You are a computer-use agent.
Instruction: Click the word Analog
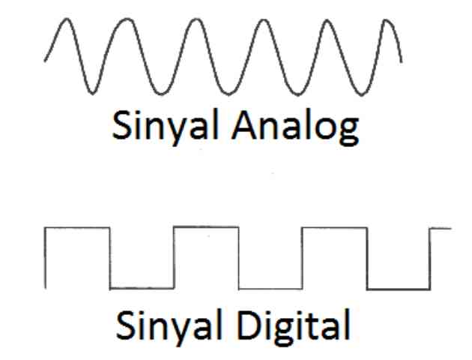point(295,127)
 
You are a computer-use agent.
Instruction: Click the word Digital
point(294,325)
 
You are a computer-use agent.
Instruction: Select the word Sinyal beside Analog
point(165,127)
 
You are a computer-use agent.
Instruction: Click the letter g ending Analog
point(349,132)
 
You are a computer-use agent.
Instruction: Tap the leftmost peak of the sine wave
point(67,19)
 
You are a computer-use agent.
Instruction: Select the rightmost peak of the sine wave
point(387,20)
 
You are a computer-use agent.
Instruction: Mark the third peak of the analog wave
point(196,19)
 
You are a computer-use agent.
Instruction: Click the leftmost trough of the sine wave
point(92,93)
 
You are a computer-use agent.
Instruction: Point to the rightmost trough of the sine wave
point(362,94)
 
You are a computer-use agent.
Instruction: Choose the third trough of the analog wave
point(228,94)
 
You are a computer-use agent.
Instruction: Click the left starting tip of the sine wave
point(45,61)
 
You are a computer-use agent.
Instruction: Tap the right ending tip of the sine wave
point(402,62)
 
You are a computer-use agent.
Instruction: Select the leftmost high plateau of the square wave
point(77,228)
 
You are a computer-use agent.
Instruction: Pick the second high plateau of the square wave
point(206,226)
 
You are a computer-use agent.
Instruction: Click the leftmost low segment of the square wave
point(142,288)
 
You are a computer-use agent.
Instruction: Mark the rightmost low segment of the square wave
point(399,289)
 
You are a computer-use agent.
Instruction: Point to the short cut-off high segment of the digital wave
point(441,229)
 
